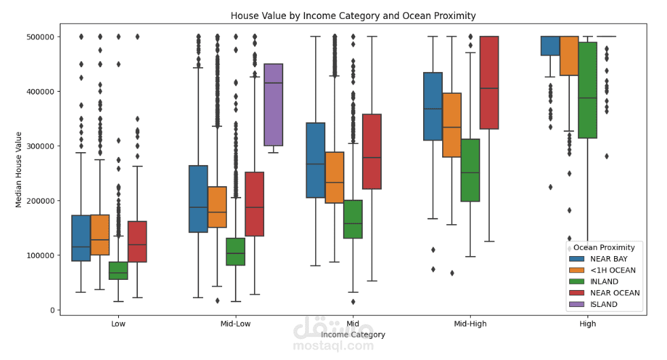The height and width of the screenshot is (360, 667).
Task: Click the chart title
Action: click(x=353, y=16)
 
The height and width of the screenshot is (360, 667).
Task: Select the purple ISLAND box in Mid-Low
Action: click(x=274, y=105)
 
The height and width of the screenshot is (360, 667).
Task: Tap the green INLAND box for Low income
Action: click(x=118, y=270)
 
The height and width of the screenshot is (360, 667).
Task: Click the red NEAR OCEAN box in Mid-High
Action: click(x=489, y=83)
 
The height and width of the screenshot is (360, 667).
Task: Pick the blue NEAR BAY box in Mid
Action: click(x=315, y=160)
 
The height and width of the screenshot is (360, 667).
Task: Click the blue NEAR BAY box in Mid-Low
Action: click(x=198, y=199)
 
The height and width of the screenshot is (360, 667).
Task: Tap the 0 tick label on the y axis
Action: click(x=52, y=310)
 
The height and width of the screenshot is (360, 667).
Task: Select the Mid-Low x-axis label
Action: click(x=236, y=324)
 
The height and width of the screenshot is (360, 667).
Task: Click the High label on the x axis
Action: click(x=588, y=324)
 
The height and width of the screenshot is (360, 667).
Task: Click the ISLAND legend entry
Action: click(x=604, y=304)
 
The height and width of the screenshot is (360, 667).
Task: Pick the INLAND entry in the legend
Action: click(x=604, y=281)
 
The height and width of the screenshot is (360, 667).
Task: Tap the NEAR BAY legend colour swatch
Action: click(x=577, y=259)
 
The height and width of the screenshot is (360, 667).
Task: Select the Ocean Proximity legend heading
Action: click(x=604, y=247)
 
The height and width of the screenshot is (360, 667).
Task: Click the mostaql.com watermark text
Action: click(x=333, y=346)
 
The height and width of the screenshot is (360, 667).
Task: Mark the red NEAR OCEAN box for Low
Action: click(x=137, y=242)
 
